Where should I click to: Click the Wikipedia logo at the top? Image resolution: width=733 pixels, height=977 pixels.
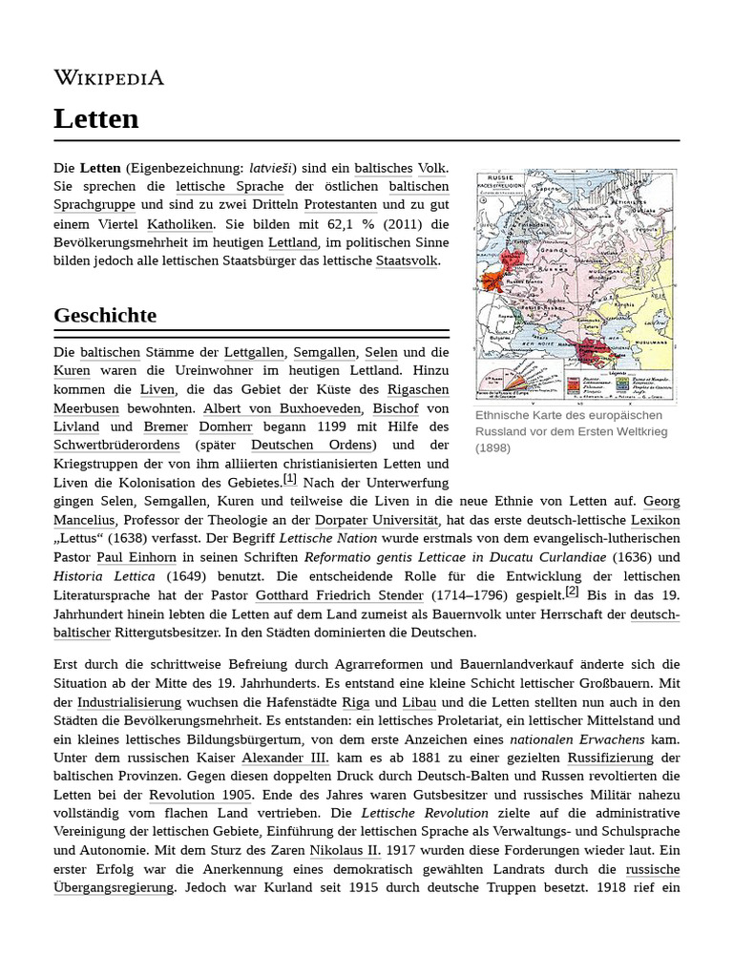(x=109, y=77)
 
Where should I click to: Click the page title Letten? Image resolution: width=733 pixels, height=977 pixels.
(x=96, y=119)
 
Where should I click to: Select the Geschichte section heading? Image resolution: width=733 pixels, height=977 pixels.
(x=105, y=315)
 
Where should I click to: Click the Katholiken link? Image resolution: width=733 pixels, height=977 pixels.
(x=180, y=224)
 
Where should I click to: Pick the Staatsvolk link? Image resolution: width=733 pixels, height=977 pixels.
(x=408, y=260)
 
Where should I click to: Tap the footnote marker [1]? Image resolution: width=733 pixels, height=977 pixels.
(x=290, y=479)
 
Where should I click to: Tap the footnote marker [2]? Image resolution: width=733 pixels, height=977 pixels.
(x=572, y=591)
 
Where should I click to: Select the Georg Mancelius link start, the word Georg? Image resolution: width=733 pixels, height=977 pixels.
(x=661, y=500)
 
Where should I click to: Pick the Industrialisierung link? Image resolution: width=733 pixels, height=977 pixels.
(x=130, y=702)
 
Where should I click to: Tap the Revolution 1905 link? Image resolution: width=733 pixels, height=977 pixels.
(x=200, y=795)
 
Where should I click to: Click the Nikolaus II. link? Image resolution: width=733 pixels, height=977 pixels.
(x=345, y=850)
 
